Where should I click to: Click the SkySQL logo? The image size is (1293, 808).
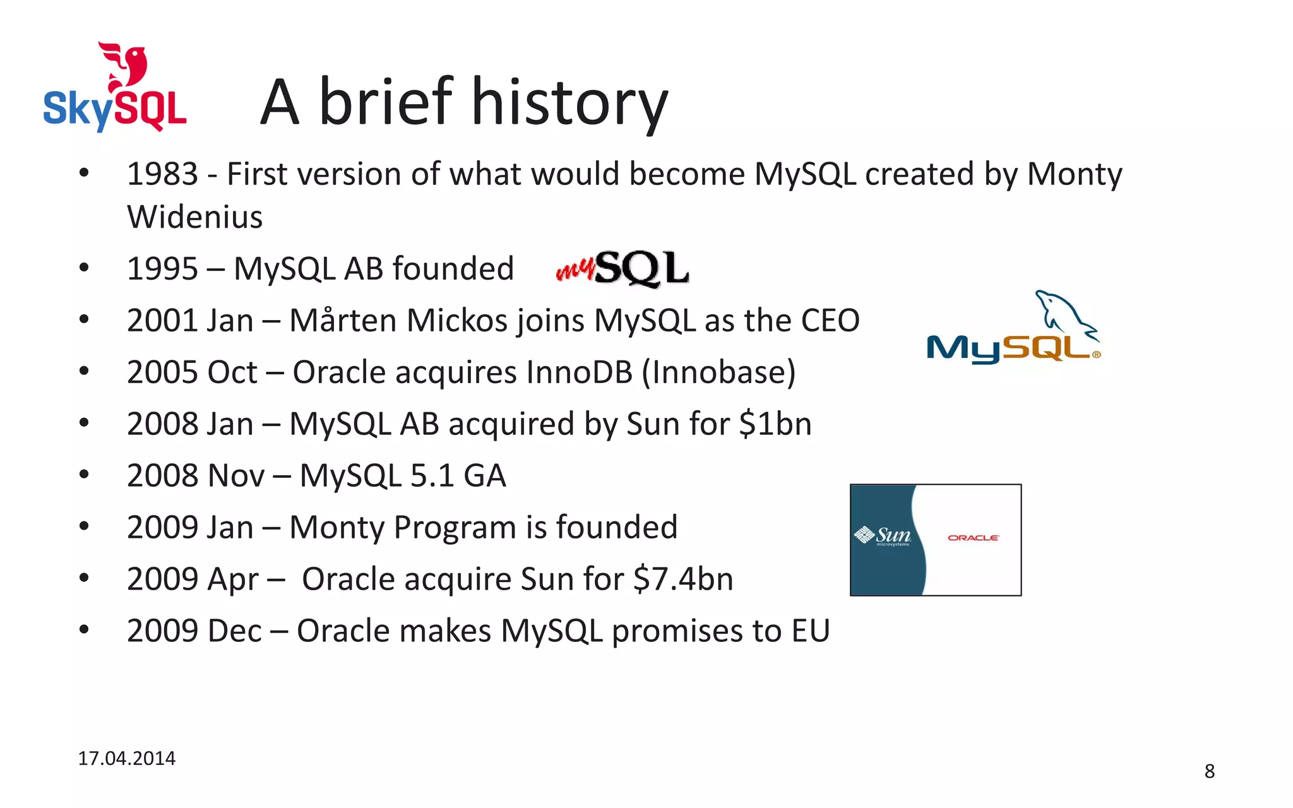[x=115, y=88]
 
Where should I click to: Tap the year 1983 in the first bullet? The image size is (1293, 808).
[x=162, y=174]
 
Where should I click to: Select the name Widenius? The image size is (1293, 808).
[x=194, y=218]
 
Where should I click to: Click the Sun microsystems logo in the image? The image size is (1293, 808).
[x=883, y=537]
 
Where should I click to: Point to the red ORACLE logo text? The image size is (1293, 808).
[x=973, y=538]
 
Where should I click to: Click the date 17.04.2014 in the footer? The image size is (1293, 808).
[x=126, y=759]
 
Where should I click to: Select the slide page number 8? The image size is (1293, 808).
[x=1209, y=771]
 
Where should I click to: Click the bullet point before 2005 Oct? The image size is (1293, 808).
[x=84, y=372]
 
